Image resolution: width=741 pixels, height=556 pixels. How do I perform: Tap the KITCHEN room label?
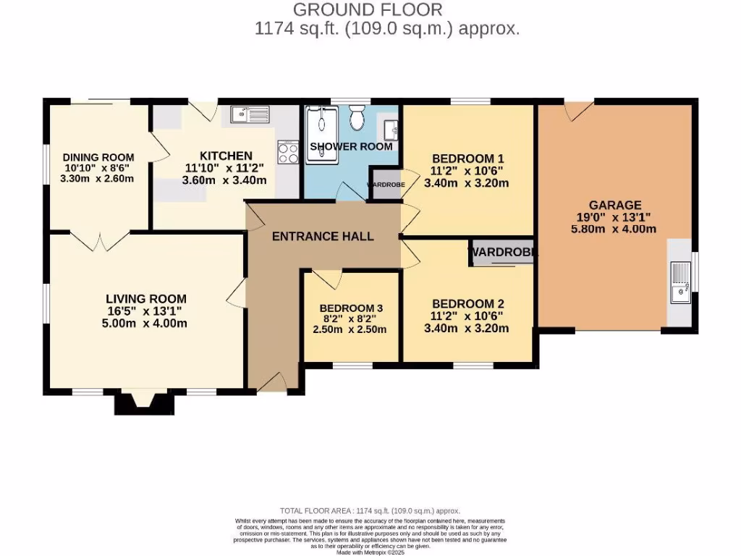226,156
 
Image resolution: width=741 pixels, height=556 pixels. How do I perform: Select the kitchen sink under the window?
250,114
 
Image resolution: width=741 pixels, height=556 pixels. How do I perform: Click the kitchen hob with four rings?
288,153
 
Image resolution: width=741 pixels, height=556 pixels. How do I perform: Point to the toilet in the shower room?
356,117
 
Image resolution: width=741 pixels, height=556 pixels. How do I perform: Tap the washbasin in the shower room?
391,130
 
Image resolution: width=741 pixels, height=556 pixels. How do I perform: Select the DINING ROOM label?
98,157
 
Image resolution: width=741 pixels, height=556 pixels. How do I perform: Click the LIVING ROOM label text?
146,298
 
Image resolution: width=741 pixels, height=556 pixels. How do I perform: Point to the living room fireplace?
144,402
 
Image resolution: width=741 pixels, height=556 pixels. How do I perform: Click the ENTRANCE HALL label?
323,236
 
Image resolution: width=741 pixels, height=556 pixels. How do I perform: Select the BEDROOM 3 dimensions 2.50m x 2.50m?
349,329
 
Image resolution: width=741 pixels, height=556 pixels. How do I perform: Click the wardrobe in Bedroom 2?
503,253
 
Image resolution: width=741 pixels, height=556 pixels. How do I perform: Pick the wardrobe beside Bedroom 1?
383,184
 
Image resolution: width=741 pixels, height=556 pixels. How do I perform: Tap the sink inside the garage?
679,282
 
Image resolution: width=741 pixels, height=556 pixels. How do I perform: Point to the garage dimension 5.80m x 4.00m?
614,229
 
